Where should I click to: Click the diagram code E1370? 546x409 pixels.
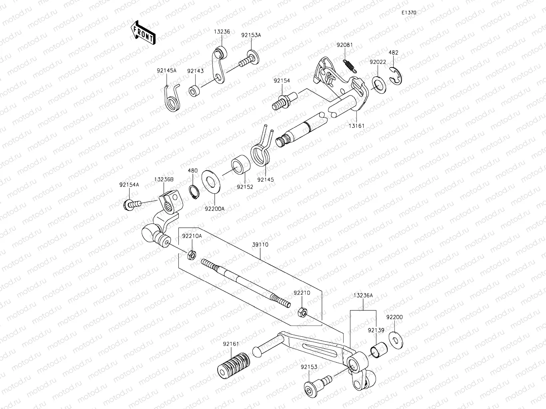[x=409, y=12]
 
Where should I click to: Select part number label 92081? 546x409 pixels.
[x=344, y=45]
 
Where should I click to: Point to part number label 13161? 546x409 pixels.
[x=356, y=125]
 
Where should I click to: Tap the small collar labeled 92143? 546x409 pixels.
[x=195, y=91]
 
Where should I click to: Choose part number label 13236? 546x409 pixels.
[x=222, y=32]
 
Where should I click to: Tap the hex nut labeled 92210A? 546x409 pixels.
[x=192, y=254]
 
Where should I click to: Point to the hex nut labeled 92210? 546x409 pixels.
[x=302, y=312]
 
